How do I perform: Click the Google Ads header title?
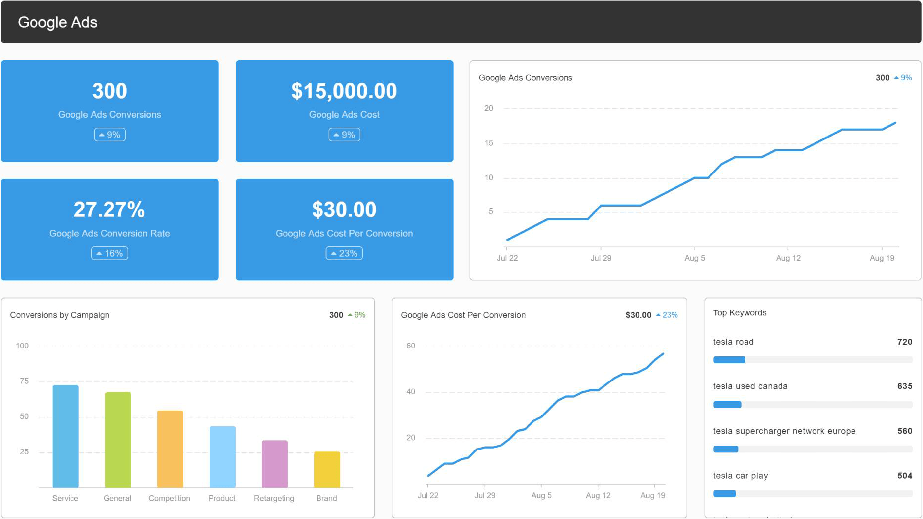tap(57, 22)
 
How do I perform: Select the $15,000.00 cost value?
tap(344, 91)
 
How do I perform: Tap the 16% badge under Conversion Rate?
tap(109, 253)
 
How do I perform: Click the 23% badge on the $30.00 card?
tap(344, 253)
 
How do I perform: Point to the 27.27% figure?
tap(109, 209)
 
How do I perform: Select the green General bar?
tap(118, 440)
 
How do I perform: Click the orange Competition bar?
tap(170, 449)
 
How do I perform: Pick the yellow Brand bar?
tap(327, 469)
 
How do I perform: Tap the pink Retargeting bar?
tap(275, 464)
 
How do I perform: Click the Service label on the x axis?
tap(65, 498)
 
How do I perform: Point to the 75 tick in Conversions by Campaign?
tap(24, 381)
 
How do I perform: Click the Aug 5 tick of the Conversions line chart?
tap(694, 258)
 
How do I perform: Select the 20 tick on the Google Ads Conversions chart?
tap(488, 108)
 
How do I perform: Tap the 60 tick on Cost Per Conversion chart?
tap(410, 346)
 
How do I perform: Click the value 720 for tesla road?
tap(904, 342)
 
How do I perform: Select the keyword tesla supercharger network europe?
tap(784, 431)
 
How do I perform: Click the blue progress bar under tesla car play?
tap(724, 493)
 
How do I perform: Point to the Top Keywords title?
tap(740, 313)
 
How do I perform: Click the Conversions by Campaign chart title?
tap(60, 315)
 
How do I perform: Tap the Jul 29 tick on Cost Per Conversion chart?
tap(484, 495)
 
